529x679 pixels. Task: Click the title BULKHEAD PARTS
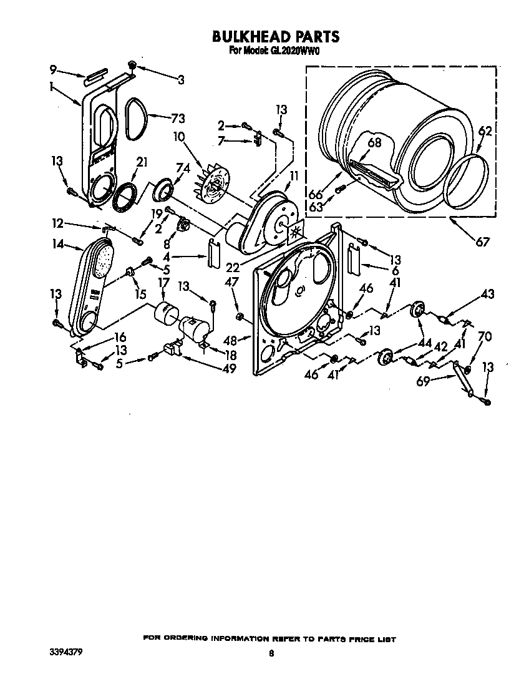pyautogui.click(x=276, y=37)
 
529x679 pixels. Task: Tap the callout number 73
pyautogui.click(x=178, y=118)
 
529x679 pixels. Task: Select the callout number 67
pyautogui.click(x=482, y=242)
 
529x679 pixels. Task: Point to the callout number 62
pyautogui.click(x=485, y=131)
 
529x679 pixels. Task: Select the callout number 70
pyautogui.click(x=483, y=338)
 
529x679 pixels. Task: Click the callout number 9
pyautogui.click(x=53, y=69)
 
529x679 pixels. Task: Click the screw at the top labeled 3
pyautogui.click(x=132, y=65)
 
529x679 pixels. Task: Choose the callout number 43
pyautogui.click(x=487, y=294)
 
